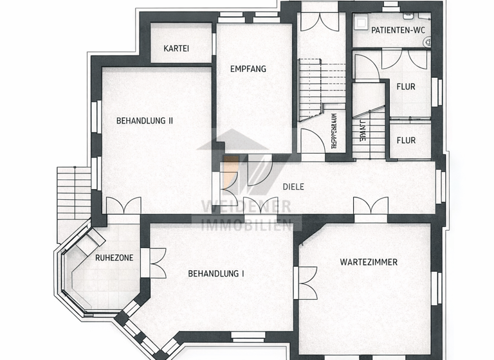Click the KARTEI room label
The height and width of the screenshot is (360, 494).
(x=177, y=49)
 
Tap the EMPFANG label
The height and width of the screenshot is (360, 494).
(x=248, y=69)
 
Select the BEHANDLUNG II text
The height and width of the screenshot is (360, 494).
(x=145, y=120)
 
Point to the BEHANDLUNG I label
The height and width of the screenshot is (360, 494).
(x=216, y=274)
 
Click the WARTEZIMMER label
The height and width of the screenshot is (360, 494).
(x=369, y=262)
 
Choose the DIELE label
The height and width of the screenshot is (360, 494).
(x=293, y=187)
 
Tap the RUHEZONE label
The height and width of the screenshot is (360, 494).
(x=114, y=258)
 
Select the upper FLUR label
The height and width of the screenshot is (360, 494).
(x=405, y=87)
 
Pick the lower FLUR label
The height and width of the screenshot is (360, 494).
(x=405, y=140)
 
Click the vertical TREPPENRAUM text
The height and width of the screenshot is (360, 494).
(x=334, y=132)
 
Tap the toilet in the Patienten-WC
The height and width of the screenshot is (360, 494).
(x=426, y=41)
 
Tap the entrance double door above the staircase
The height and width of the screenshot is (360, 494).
(x=319, y=21)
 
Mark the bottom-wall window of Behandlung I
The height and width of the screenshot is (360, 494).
(x=248, y=335)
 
